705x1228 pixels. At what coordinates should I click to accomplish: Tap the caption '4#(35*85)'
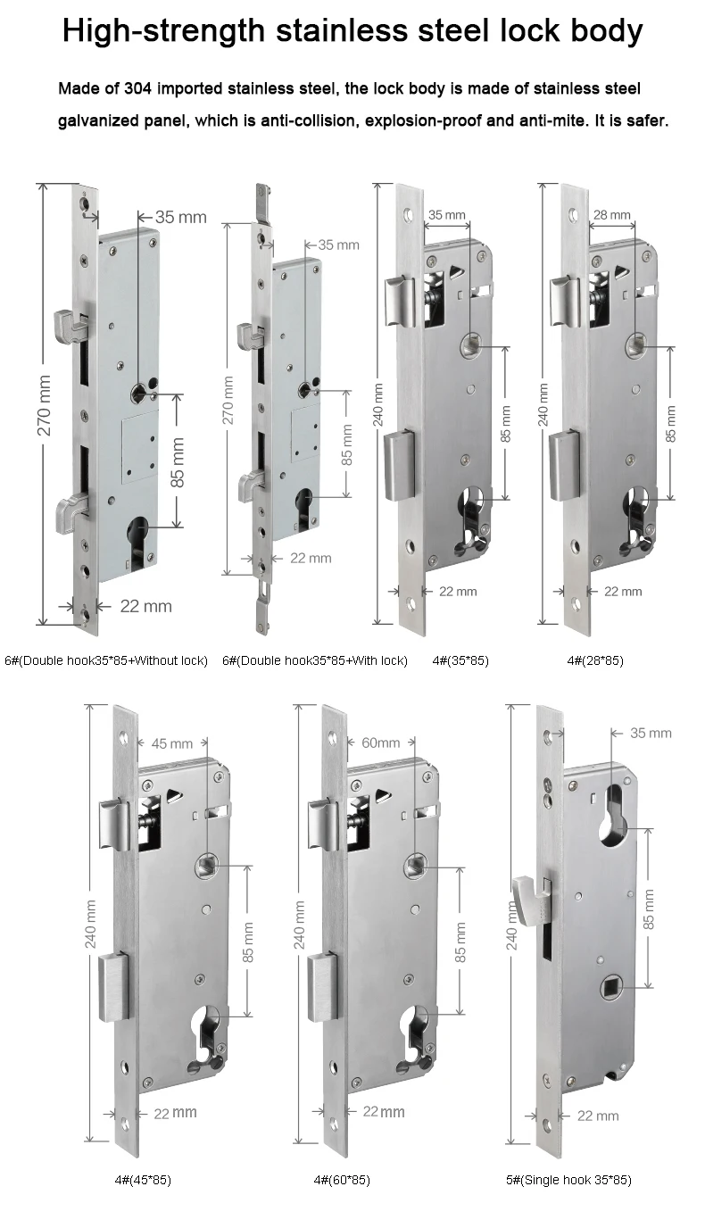460,660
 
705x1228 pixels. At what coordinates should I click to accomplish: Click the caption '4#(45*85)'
143,1180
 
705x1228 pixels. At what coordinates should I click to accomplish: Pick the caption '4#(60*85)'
342,1180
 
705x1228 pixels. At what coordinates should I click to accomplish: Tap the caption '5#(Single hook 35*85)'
568,1180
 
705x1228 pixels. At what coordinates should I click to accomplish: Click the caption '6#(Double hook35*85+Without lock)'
106,660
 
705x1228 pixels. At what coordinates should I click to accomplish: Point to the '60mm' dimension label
380,743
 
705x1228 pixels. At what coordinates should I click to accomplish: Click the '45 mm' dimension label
172,743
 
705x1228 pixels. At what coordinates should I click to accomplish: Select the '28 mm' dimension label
612,215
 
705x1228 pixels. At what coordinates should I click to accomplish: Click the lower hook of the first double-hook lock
69,510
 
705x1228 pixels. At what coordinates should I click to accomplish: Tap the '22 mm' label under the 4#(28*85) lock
623,591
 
